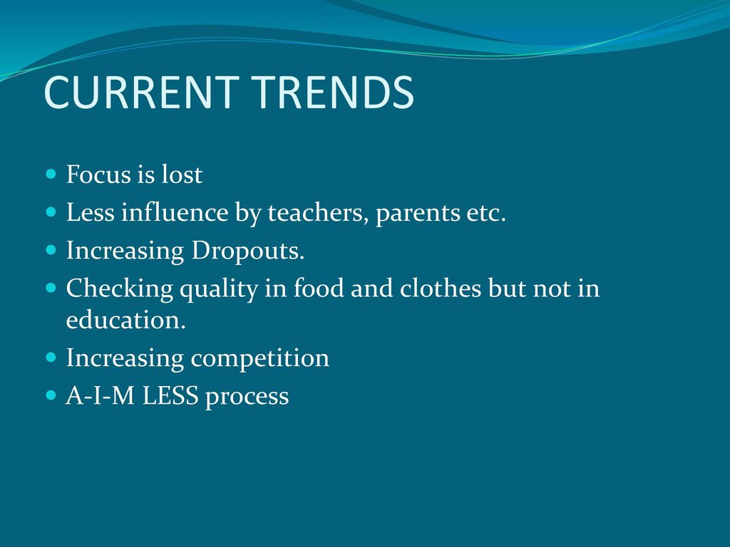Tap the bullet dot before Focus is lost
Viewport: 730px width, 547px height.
tap(51, 174)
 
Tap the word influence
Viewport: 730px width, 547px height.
tap(175, 212)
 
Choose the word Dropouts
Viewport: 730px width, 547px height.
tap(247, 251)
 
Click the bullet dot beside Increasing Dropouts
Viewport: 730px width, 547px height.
tap(51, 250)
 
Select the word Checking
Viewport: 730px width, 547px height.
tap(120, 289)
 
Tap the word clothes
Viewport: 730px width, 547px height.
tap(440, 288)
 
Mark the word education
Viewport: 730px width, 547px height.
tap(125, 320)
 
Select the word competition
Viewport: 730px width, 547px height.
tap(259, 359)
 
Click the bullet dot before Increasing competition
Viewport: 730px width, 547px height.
tap(51, 358)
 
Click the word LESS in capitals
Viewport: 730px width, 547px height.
tap(170, 396)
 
